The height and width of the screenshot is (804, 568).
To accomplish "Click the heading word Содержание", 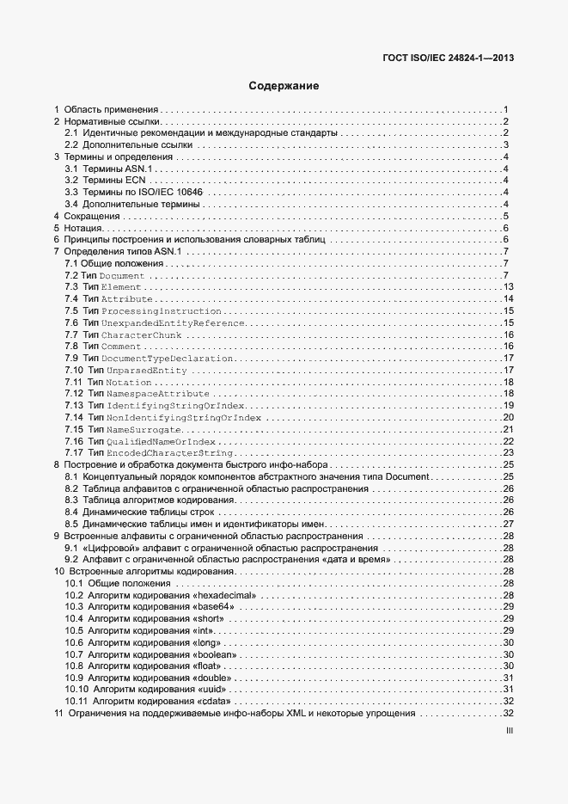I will pyautogui.click(x=284, y=86).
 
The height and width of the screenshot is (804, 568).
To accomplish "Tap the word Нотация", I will pyautogui.click(x=84, y=229).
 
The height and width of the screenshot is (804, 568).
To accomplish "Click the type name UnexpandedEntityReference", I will pyautogui.click(x=172, y=322).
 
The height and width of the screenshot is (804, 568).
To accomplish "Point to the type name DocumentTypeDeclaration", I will pyautogui.click(x=167, y=358).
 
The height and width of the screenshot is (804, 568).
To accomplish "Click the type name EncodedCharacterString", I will pyautogui.click(x=172, y=452).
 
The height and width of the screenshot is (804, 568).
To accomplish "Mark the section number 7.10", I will pyautogui.click(x=75, y=370).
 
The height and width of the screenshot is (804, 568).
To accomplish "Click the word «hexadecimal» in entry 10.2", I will pyautogui.click(x=226, y=595).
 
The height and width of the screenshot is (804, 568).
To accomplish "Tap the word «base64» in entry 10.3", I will pyautogui.click(x=214, y=607).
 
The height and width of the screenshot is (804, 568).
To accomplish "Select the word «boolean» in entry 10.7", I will pyautogui.click(x=217, y=654).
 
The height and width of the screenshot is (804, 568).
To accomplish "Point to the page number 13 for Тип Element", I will pyautogui.click(x=508, y=286).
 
